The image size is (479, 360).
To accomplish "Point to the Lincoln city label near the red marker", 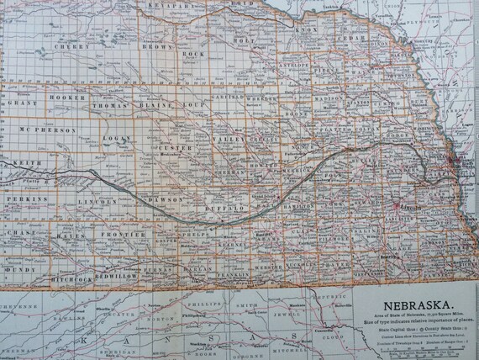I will (x=411, y=208).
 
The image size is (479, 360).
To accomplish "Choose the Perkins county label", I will (x=25, y=198).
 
